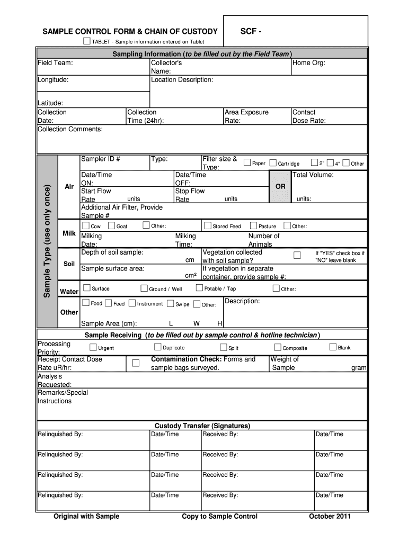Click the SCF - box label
pyautogui.click(x=251, y=31)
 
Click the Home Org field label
pyautogui.click(x=308, y=63)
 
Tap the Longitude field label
pyautogui.click(x=52, y=80)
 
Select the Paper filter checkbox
pyautogui.click(x=247, y=163)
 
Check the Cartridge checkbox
pyautogui.click(x=273, y=163)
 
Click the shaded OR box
pyautogui.click(x=280, y=187)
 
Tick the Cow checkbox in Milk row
pyautogui.click(x=85, y=225)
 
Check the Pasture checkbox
pyautogui.click(x=253, y=225)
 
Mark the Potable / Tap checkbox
pyautogui.click(x=199, y=288)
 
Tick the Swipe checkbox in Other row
pyautogui.click(x=170, y=304)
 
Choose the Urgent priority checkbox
pyautogui.click(x=93, y=348)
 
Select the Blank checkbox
pyautogui.click(x=333, y=347)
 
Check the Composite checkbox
pyautogui.click(x=278, y=348)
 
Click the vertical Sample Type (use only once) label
pyautogui.click(x=47, y=241)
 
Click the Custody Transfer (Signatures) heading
pyautogui.click(x=202, y=426)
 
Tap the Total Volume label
pyautogui.click(x=313, y=175)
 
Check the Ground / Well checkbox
pyautogui.click(x=144, y=288)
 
